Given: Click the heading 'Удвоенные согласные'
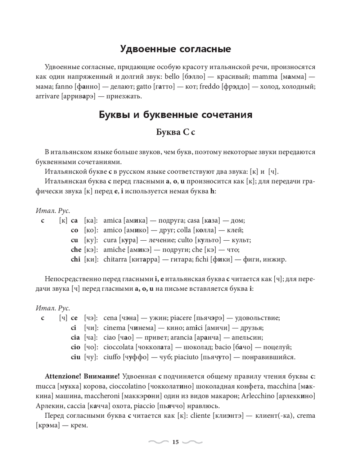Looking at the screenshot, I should (x=175, y=49).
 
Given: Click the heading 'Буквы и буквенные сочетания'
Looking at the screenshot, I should (x=175, y=115).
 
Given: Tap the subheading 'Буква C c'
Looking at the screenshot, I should (x=175, y=132).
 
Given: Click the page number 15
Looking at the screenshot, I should (x=175, y=442).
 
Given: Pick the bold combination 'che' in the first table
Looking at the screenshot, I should (x=76, y=250).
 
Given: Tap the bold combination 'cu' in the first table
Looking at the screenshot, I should (x=74, y=240).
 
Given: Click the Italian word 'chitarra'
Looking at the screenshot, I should (x=115, y=259).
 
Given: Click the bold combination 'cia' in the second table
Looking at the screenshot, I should (x=75, y=337).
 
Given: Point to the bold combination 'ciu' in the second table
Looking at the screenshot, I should (x=75, y=357).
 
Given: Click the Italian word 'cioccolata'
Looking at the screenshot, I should (x=118, y=347).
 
